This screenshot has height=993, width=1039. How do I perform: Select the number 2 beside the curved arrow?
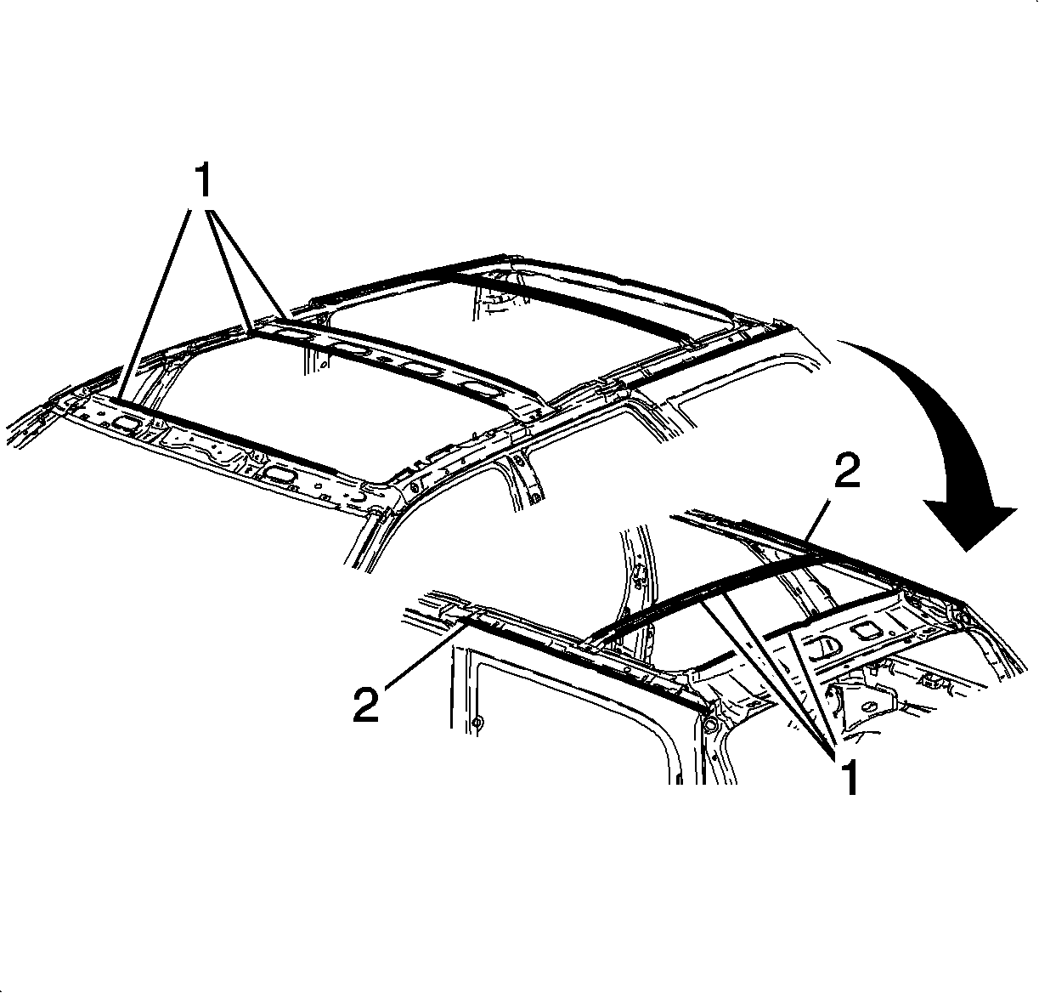pos(847,470)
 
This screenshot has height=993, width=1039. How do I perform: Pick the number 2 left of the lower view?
pos(366,705)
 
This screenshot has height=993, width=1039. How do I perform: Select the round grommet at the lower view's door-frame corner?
pos(710,724)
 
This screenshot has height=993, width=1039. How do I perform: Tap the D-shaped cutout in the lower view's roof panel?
pos(824,649)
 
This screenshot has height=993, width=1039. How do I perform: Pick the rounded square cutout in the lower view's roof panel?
pos(863,633)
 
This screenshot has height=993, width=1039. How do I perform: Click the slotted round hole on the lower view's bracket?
pos(869,706)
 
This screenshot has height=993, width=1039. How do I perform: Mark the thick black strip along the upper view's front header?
pos(227,434)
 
